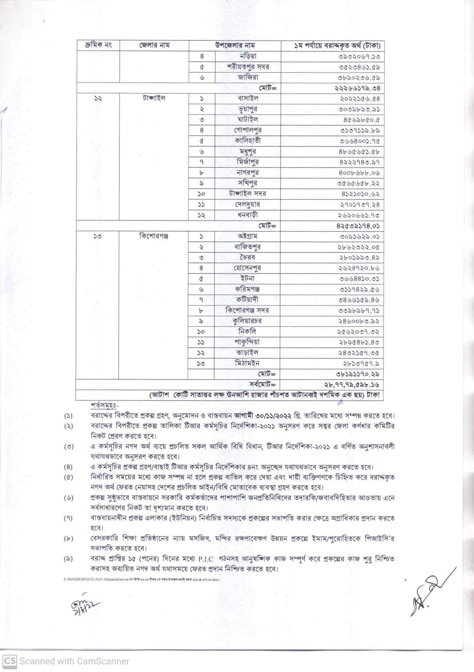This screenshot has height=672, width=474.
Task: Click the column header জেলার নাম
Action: (154, 45)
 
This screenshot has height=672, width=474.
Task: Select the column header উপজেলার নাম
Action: (235, 45)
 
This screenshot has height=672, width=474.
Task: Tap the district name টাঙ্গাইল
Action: (154, 98)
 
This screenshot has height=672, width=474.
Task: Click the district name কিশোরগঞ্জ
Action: (154, 236)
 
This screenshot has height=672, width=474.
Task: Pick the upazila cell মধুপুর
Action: (247, 151)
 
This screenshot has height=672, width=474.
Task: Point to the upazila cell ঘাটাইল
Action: (247, 119)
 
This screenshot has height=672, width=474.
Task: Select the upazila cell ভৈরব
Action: (247, 257)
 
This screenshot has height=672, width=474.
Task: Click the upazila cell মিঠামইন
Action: (247, 363)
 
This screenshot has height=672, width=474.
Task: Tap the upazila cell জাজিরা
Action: (247, 77)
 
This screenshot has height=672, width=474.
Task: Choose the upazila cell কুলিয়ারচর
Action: (247, 321)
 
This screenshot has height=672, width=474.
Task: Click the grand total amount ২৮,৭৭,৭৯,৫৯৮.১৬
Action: (352, 385)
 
